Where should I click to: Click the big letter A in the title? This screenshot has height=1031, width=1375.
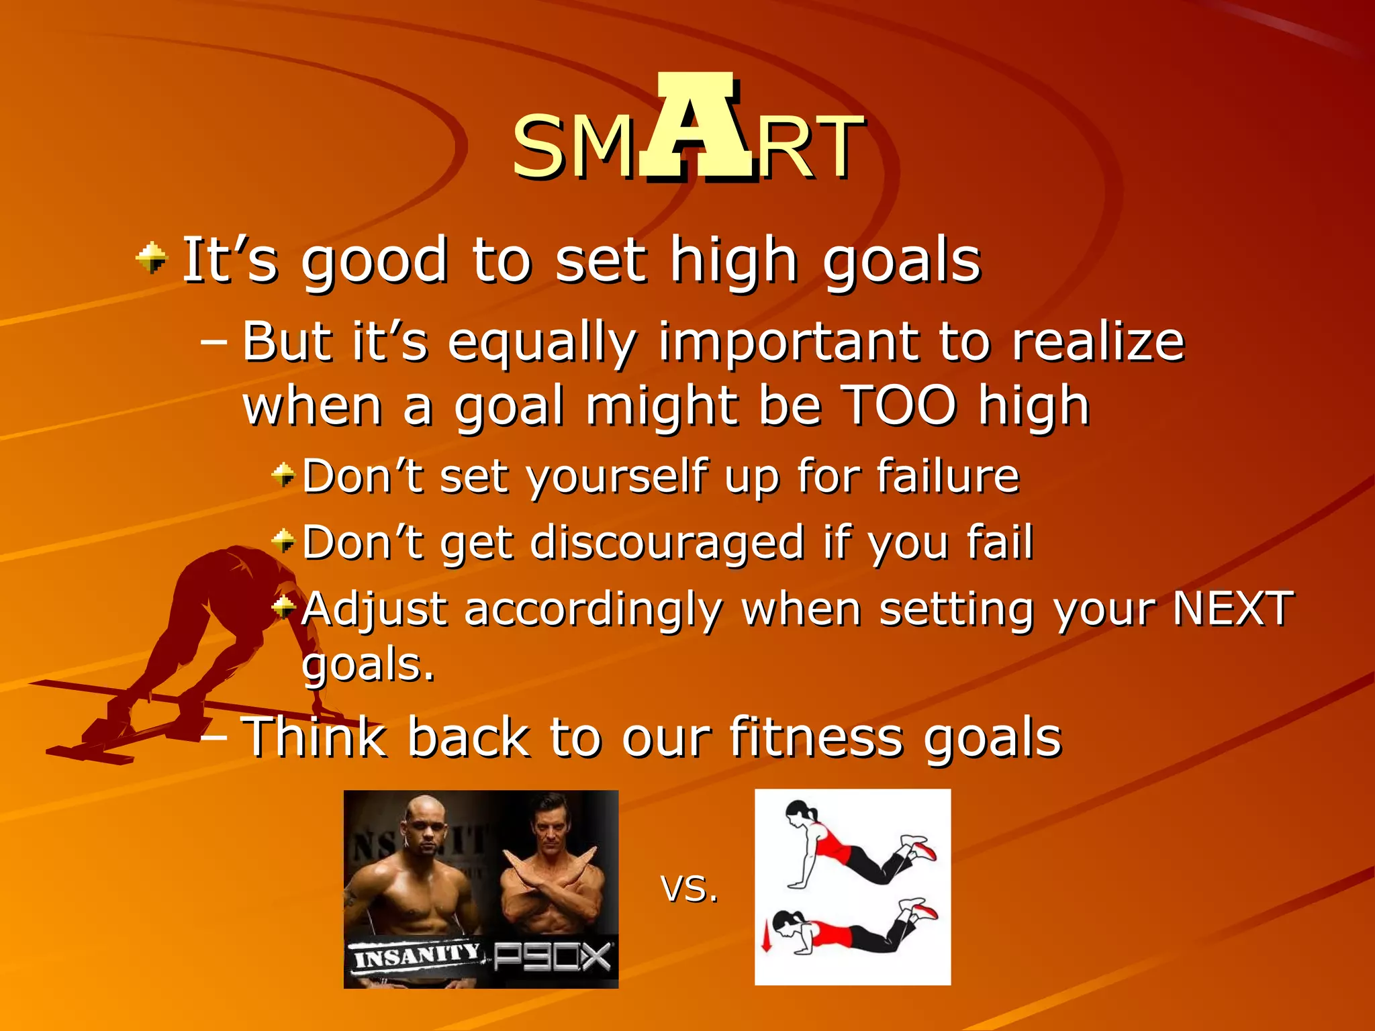696,128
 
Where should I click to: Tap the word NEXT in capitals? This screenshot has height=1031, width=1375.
1231,608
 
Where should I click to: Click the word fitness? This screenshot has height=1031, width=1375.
815,737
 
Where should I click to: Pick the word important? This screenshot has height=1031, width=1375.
790,341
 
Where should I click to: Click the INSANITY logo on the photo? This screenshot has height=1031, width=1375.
416,955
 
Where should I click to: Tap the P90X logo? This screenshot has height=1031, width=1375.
553,957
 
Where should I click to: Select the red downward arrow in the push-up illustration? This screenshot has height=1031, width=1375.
765,937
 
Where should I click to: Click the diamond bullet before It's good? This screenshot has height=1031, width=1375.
152,258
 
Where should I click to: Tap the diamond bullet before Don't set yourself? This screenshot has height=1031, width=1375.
283,475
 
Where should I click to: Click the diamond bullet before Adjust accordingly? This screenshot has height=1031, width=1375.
283,607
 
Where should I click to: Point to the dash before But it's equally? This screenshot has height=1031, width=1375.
214,342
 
